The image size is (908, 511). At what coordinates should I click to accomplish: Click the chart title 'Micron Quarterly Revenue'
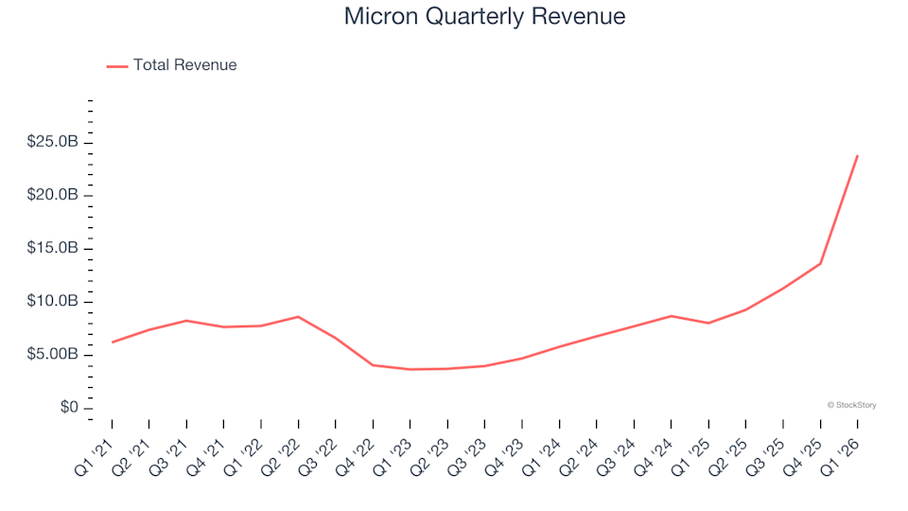click(484, 17)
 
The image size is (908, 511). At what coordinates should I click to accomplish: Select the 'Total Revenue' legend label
click(184, 65)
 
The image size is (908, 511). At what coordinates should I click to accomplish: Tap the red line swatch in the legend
click(117, 66)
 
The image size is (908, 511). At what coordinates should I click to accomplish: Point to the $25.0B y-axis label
click(54, 142)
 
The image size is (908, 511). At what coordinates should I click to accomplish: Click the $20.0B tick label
click(54, 195)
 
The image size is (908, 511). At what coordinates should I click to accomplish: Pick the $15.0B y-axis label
click(54, 249)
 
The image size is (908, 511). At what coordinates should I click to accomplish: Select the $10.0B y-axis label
click(54, 302)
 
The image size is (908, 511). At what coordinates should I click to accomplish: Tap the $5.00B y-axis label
click(54, 355)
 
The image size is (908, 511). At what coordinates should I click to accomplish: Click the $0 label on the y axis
click(67, 408)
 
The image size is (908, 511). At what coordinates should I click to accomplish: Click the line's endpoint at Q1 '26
click(857, 156)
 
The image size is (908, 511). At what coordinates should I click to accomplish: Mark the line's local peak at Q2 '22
click(299, 317)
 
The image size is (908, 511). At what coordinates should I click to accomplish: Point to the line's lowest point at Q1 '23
click(410, 369)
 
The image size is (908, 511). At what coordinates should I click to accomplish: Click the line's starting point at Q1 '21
click(113, 343)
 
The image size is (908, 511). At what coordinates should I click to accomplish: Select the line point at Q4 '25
click(820, 264)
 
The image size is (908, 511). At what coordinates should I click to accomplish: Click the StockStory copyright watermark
click(851, 405)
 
